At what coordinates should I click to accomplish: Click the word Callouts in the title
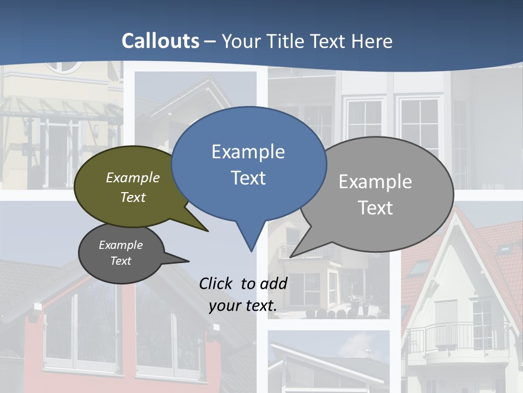point(160,41)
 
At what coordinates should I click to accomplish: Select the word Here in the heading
point(373,41)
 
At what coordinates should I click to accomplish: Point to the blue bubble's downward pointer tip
point(251,251)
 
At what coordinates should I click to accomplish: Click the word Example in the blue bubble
point(248,152)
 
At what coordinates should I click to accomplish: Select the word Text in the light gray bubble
point(375,207)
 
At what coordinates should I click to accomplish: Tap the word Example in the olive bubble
point(133,177)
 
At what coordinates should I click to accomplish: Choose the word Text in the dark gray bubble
point(121,261)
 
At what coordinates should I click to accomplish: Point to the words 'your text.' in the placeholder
point(243,306)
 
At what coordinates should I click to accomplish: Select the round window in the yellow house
point(62,65)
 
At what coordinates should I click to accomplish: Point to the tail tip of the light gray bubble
point(291,256)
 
